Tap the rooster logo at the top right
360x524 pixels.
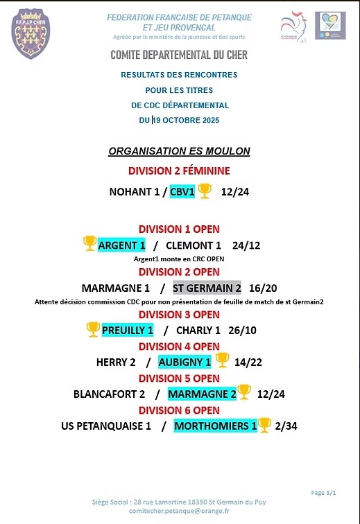tap(293, 27)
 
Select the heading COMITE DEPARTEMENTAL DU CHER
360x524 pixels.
tap(179, 55)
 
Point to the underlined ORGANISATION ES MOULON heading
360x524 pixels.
tap(179, 151)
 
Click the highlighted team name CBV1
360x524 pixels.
tap(182, 191)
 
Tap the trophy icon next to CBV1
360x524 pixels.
tap(205, 191)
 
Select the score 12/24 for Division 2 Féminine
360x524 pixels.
tap(235, 192)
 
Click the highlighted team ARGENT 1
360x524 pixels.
tap(121, 245)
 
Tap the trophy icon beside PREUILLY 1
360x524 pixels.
tap(93, 330)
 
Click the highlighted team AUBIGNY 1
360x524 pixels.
tap(185, 362)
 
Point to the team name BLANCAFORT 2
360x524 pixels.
tap(109, 394)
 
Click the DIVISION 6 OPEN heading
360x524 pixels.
tap(179, 410)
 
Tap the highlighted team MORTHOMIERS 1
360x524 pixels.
tap(215, 426)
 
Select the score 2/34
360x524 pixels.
tap(286, 426)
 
